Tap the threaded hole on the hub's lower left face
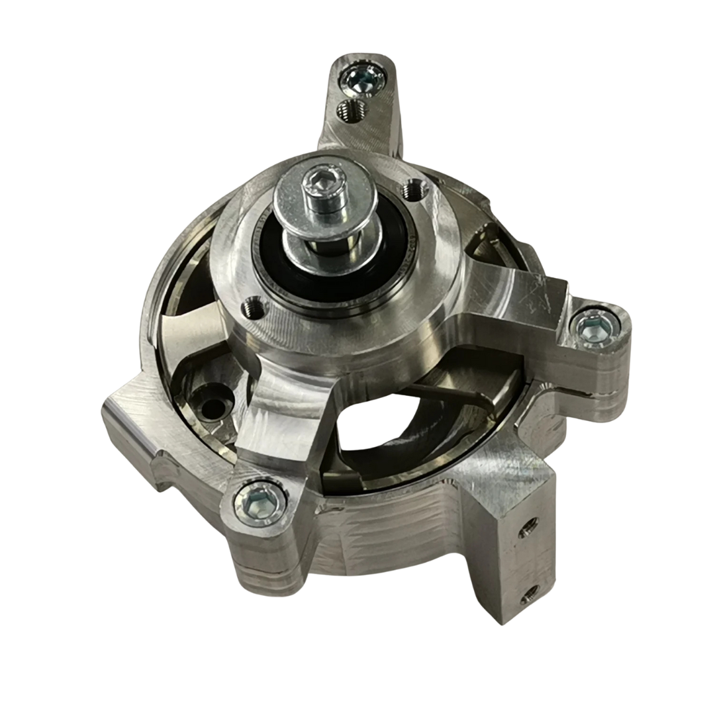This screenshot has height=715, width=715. click(254, 305)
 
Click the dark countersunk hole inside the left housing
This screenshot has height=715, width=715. click(212, 408)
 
